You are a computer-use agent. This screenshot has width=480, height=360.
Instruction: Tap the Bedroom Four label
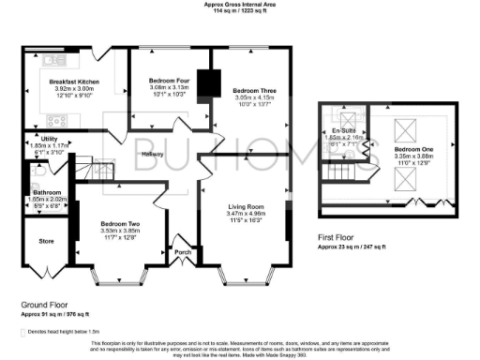point(169,82)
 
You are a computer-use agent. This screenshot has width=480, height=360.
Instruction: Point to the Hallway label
point(153,154)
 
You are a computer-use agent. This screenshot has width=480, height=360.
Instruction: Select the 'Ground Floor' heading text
point(44,306)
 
